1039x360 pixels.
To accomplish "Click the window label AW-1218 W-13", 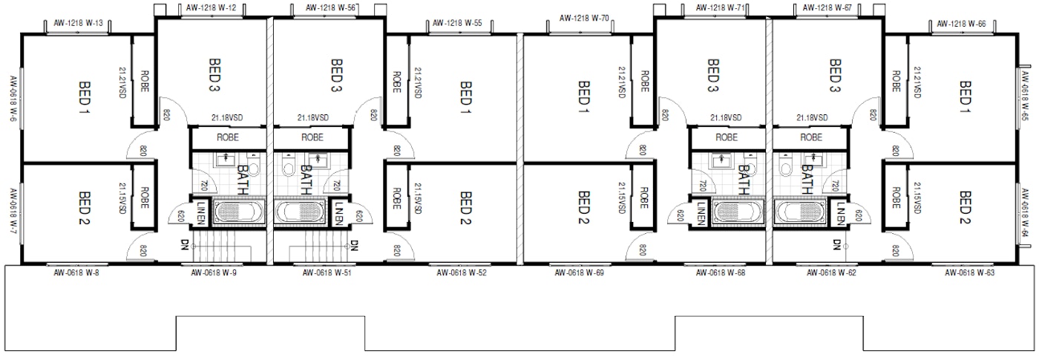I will [x=78, y=23].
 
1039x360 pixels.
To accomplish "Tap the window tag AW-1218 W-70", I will [x=583, y=17].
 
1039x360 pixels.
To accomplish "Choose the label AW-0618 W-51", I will [x=327, y=272].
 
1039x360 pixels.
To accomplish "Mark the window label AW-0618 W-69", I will [x=579, y=272].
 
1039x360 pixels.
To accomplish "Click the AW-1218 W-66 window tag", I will [x=960, y=24].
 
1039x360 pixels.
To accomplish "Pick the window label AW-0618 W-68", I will [x=720, y=272].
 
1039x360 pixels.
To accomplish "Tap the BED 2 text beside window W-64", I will [x=965, y=208].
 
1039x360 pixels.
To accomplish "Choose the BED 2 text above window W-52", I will [x=465, y=208].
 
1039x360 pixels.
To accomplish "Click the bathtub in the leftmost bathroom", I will [x=239, y=212].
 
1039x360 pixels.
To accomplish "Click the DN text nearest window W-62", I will [x=837, y=243].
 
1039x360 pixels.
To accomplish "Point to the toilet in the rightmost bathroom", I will [x=787, y=169].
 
